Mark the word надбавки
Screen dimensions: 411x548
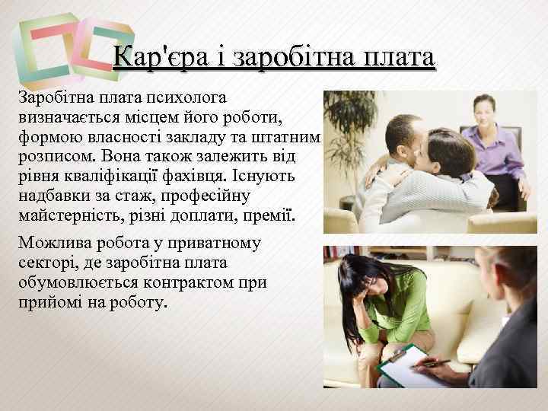pyautogui.click(x=54, y=196)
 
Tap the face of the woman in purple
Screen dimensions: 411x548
pyautogui.click(x=484, y=110)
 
